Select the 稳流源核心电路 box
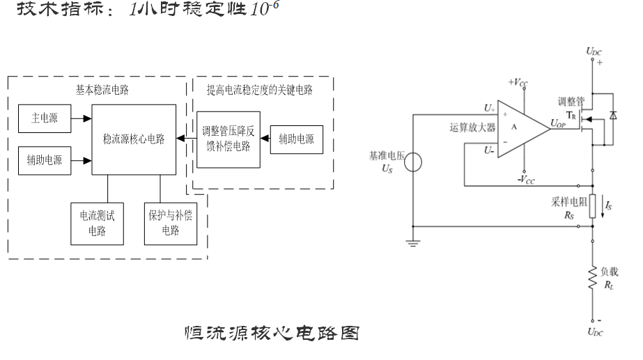[133, 139]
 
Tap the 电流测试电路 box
[97, 222]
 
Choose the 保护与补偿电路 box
[169, 222]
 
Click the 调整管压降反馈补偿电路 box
[228, 139]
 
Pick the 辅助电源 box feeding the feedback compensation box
[296, 139]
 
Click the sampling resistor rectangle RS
[593, 207]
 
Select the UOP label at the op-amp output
[558, 123]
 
